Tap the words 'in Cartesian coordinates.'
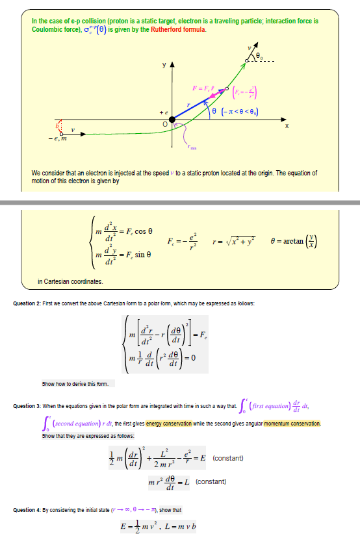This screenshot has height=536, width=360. click(x=70, y=281)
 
